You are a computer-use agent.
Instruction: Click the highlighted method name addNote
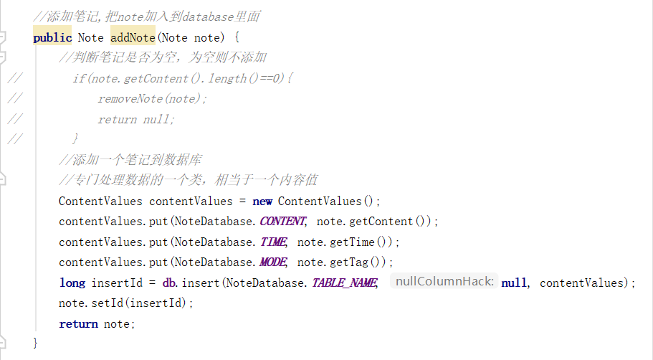(133, 37)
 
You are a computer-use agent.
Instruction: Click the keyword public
(52, 37)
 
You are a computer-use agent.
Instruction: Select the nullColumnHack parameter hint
(444, 283)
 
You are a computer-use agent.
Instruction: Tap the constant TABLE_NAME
(344, 283)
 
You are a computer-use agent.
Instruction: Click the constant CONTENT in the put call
(282, 222)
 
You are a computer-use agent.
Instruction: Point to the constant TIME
(272, 242)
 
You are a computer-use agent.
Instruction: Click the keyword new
(262, 202)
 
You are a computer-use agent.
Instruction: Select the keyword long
(72, 283)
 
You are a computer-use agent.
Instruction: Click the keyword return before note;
(78, 324)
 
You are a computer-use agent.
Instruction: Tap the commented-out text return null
(136, 120)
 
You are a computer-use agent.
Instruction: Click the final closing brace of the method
(35, 344)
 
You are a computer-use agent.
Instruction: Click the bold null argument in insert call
(514, 283)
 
